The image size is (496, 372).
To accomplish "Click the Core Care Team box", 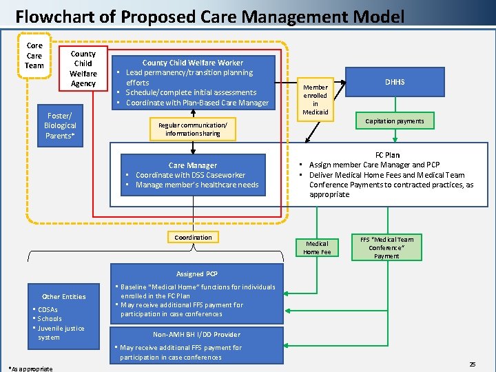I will [34, 56].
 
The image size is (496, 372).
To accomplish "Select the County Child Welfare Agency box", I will [83, 68].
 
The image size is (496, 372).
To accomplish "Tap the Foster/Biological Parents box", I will [60, 125].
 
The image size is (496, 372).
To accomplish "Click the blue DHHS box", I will [395, 82].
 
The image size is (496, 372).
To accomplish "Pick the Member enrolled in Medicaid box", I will [316, 99].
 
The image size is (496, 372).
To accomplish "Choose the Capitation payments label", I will [395, 121].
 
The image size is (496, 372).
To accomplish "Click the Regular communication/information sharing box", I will [193, 129].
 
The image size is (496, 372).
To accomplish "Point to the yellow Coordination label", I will [193, 238].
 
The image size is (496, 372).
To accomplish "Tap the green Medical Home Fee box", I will [317, 247].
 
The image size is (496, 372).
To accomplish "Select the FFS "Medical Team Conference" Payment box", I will [386, 247].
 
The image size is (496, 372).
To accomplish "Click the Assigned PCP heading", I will [196, 273].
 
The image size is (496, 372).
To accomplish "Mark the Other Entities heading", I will [64, 297].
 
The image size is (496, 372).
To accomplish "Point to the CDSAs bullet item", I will [48, 309].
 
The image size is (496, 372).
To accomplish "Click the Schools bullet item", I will [50, 319].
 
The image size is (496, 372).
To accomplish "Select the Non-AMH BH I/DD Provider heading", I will [196, 334].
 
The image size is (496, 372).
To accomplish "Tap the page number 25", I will [472, 363].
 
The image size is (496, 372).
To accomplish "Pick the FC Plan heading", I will [387, 155].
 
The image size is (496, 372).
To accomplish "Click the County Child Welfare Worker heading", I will [192, 63].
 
